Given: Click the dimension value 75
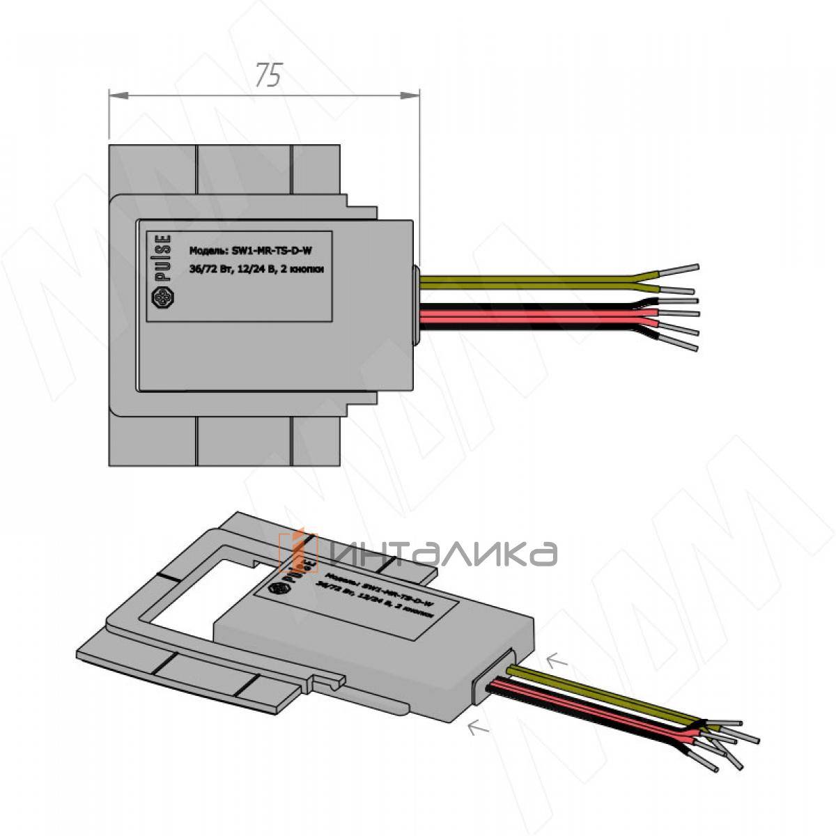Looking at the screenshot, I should pyautogui.click(x=268, y=75).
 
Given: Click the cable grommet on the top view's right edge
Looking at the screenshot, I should pyautogui.click(x=417, y=304).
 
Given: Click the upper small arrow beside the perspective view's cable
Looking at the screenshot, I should pyautogui.click(x=557, y=660).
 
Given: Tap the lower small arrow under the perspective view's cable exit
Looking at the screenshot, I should pyautogui.click(x=478, y=728).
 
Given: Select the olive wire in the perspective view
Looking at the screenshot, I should pyautogui.click(x=599, y=693).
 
